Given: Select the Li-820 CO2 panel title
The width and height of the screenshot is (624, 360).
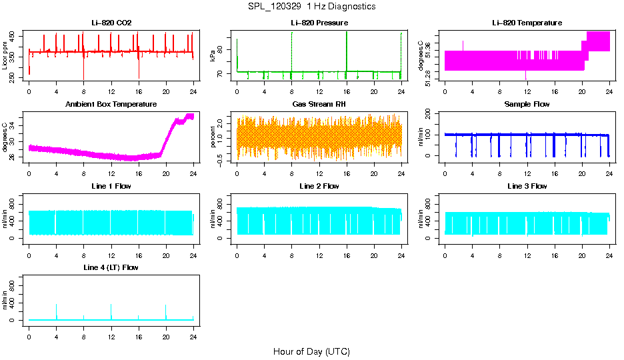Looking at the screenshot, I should (x=111, y=23).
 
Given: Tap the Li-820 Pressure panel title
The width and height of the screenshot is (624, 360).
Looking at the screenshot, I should (x=319, y=23).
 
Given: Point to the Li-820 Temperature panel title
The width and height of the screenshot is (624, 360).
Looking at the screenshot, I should (x=527, y=23).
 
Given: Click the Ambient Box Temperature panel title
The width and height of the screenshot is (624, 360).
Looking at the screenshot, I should (x=111, y=105).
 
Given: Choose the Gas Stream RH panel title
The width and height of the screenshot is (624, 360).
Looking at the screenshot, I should (x=319, y=105).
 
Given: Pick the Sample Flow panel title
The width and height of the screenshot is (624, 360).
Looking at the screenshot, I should (x=527, y=105).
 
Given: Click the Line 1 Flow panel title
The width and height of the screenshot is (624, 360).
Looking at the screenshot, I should (x=111, y=186).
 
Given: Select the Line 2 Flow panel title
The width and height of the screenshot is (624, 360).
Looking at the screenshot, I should (x=319, y=186).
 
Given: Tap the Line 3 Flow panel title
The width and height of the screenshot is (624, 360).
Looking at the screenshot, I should (x=527, y=186).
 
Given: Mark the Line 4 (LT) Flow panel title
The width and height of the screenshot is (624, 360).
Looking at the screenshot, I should (x=111, y=267).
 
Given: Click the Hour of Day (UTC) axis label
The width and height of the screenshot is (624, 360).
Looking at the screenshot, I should (x=311, y=351).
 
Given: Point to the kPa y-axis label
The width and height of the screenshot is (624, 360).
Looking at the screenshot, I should (x=213, y=56).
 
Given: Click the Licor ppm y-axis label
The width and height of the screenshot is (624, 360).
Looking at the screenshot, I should (x=5, y=56).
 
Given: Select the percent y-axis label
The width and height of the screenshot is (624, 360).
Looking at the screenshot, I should (x=213, y=137).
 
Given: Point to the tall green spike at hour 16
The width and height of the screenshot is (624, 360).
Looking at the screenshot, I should (x=347, y=50).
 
